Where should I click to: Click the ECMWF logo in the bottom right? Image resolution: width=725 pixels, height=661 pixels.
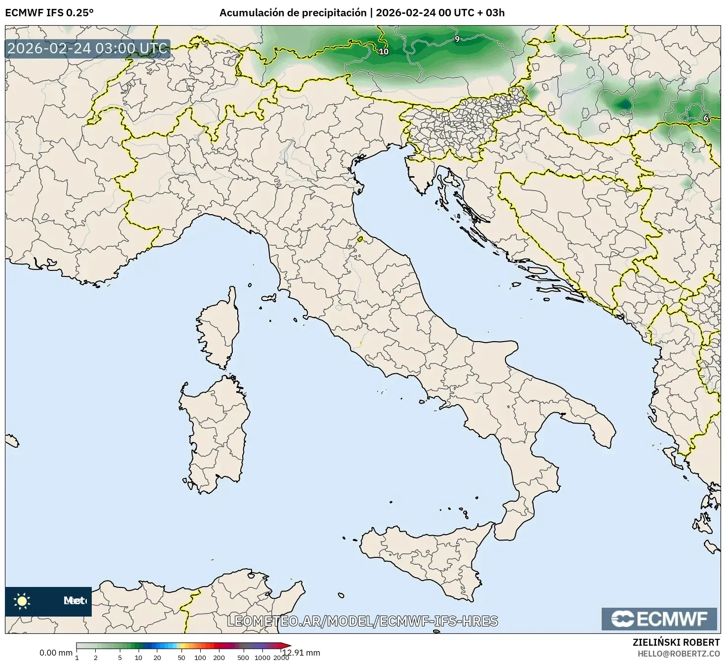(659, 619)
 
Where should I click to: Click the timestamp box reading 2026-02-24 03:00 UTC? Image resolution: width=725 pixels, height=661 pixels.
(88, 48)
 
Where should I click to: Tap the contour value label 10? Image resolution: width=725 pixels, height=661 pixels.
(384, 51)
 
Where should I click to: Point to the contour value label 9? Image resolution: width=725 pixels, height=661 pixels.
(457, 39)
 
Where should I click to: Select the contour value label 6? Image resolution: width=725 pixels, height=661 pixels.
(706, 118)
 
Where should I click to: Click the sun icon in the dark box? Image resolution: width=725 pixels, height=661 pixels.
(22, 601)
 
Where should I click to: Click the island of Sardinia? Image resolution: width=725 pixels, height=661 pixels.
(215, 434)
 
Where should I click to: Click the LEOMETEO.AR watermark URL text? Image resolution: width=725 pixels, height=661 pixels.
(362, 621)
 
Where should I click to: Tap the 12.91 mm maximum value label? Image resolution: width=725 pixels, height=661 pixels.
(301, 653)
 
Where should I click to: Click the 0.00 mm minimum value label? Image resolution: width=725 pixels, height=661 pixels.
(56, 653)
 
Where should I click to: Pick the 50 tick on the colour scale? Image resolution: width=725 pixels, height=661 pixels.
(181, 657)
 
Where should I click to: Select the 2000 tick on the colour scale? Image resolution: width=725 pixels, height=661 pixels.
(281, 657)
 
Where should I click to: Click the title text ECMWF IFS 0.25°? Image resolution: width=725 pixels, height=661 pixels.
(49, 13)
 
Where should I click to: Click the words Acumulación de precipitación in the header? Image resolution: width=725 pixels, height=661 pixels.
(293, 13)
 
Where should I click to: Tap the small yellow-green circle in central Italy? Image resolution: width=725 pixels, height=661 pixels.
(360, 239)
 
